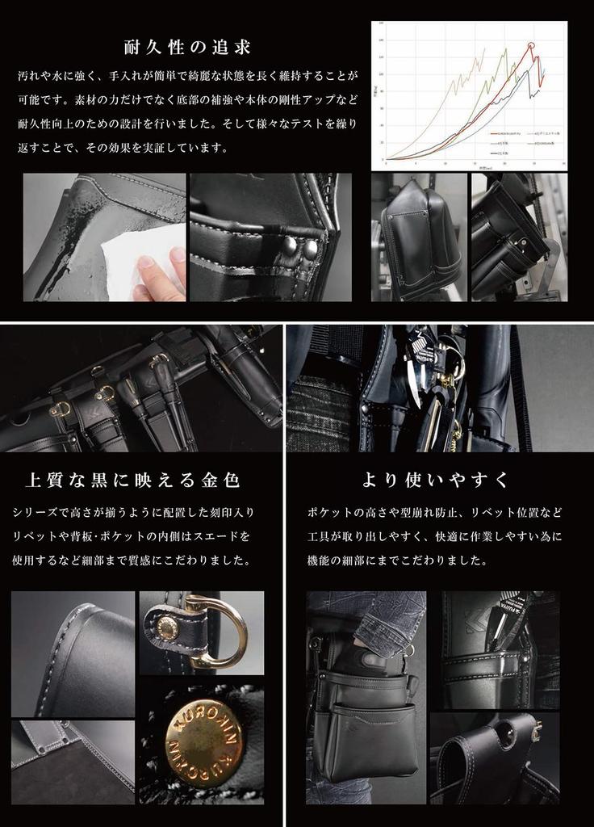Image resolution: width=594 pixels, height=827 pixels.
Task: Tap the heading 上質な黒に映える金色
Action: pos(132,481)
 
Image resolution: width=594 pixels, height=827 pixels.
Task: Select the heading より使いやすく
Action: pos(435,481)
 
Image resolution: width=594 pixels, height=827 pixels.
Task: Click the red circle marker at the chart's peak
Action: pos(531,45)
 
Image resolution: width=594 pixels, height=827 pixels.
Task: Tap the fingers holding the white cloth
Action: pos(157,275)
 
